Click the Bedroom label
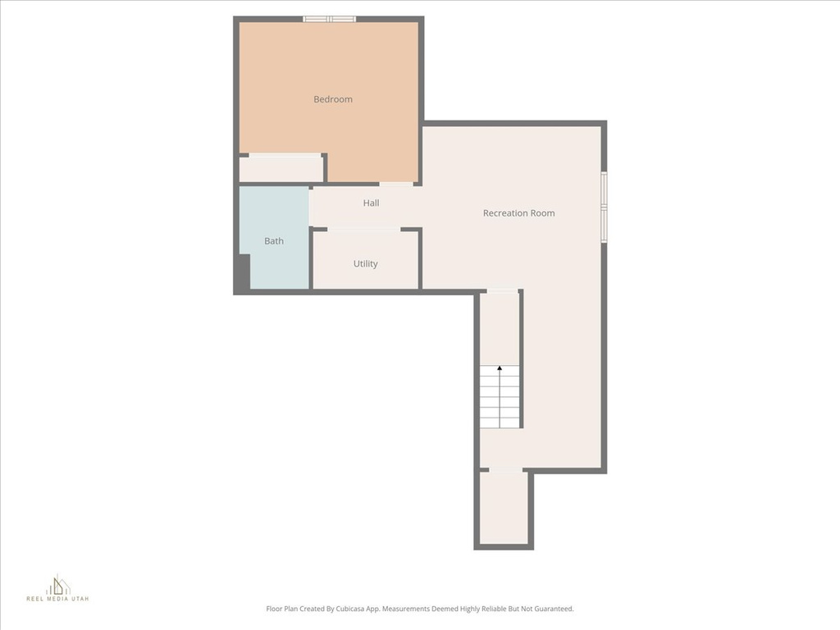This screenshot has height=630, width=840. pyautogui.click(x=333, y=99)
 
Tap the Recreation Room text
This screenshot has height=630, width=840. pyautogui.click(x=518, y=213)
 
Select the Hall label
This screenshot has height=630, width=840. pyautogui.click(x=371, y=203)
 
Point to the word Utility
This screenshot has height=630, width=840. pyautogui.click(x=365, y=264)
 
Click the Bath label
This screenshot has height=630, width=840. pyautogui.click(x=274, y=241)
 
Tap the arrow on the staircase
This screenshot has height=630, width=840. pyautogui.click(x=500, y=371)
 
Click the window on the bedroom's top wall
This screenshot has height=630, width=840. pyautogui.click(x=329, y=19)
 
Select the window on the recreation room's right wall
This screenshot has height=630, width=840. pyautogui.click(x=604, y=207)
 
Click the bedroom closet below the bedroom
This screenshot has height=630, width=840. pyautogui.click(x=281, y=169)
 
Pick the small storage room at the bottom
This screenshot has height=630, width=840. pyautogui.click(x=503, y=508)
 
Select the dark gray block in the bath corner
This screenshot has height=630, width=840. pyautogui.click(x=243, y=272)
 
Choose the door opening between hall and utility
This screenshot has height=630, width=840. pyautogui.click(x=363, y=230)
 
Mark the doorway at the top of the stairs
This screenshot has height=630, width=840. pyautogui.click(x=502, y=291)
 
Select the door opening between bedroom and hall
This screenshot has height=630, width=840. pyautogui.click(x=396, y=184)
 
